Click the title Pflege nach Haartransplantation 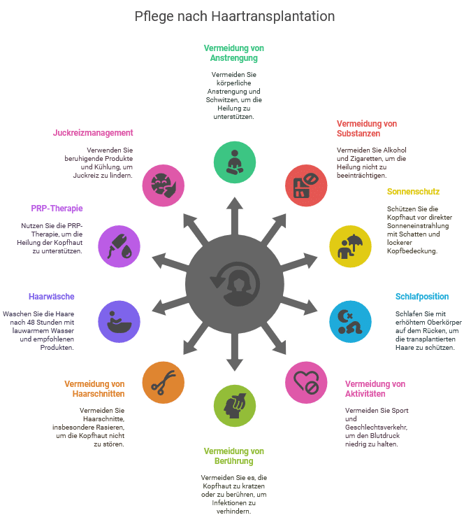click(234, 16)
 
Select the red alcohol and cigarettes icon click(306, 185)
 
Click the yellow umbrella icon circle click(350, 245)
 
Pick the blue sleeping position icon click(350, 321)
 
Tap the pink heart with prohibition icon click(306, 382)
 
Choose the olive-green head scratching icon click(234, 405)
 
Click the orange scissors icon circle click(162, 382)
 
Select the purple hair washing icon click(119, 321)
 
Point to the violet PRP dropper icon click(119, 245)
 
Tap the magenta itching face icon click(162, 185)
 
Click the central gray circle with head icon click(234, 283)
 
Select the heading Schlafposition click(421, 297)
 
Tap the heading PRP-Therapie click(57, 209)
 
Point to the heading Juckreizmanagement click(94, 132)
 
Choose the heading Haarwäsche click(52, 297)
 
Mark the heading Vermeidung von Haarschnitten click(94, 388)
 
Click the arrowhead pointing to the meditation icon click(234, 203)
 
